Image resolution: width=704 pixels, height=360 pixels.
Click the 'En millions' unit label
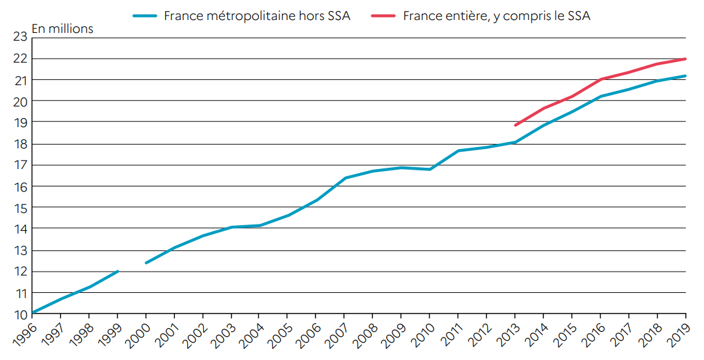(x=62, y=29)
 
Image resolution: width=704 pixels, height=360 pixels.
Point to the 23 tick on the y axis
(x=19, y=37)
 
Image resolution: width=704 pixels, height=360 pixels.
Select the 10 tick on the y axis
(x=19, y=314)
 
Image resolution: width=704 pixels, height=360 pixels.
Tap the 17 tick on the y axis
(x=19, y=165)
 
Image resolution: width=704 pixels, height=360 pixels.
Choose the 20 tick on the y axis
(x=19, y=101)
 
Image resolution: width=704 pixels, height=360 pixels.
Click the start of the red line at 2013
(x=515, y=125)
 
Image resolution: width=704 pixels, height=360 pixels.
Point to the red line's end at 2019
(x=685, y=59)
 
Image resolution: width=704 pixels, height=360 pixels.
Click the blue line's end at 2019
(x=685, y=76)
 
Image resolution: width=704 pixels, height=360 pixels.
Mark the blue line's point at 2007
(x=345, y=178)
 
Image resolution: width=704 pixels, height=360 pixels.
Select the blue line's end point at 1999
(x=117, y=272)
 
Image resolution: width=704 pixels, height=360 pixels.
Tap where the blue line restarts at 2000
(x=146, y=263)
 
